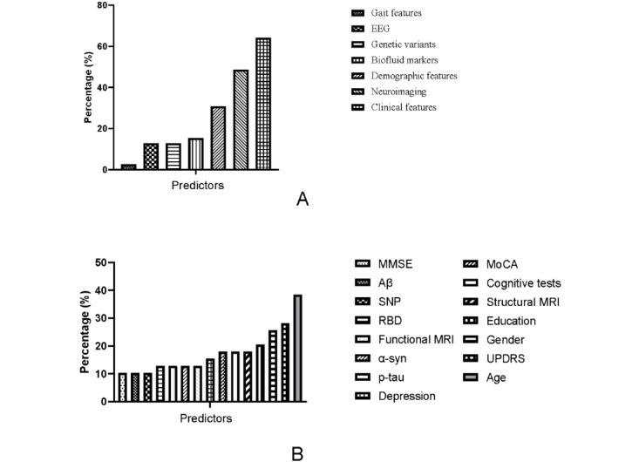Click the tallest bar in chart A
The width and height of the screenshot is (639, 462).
coord(262,104)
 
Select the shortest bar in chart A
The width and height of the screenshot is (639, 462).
coord(129,166)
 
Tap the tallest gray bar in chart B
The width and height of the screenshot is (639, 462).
coord(297,348)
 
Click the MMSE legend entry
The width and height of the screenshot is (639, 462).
coord(395,265)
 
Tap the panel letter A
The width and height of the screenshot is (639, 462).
coord(303,200)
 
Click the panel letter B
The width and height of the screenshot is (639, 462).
coord(297,452)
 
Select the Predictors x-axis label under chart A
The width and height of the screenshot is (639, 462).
coord(196,185)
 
